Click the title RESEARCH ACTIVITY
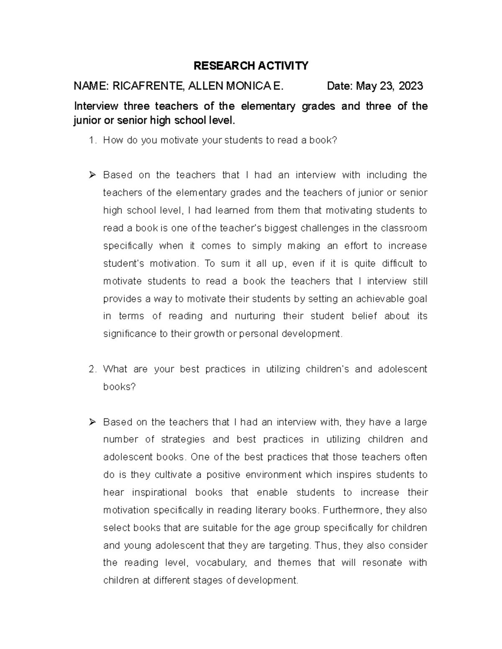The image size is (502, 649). (x=251, y=66)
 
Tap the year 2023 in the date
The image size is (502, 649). (x=411, y=86)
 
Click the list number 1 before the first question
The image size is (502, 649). (x=92, y=140)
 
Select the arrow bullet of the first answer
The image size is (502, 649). (x=92, y=175)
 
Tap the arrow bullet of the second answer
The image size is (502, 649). (x=92, y=422)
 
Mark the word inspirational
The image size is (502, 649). (x=159, y=493)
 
